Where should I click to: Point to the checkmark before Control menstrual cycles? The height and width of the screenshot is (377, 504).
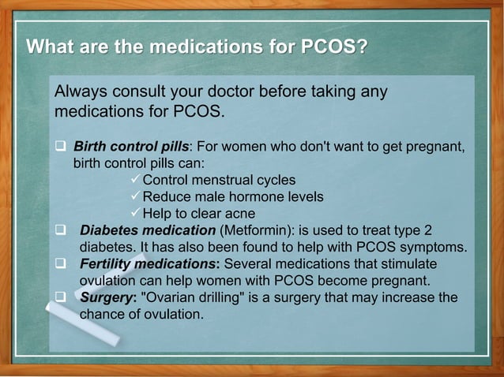coord(134,180)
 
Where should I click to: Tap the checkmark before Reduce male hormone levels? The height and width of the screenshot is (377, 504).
coord(134,196)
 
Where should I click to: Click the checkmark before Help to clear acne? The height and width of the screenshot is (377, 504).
coord(134,213)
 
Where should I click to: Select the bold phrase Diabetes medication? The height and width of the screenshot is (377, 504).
coord(148,230)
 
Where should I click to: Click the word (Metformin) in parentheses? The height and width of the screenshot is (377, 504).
coord(254,230)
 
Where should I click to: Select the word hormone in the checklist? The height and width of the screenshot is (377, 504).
coord(250,196)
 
